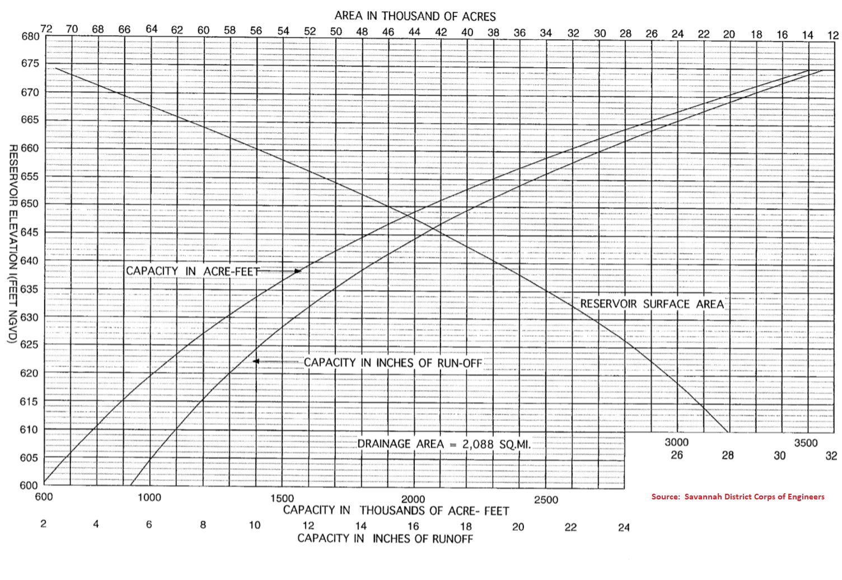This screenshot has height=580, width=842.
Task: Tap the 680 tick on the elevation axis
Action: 31,37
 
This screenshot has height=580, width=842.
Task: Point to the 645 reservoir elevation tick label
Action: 31,232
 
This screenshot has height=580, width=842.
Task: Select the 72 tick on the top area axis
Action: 46,29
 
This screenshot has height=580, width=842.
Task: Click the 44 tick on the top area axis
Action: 414,32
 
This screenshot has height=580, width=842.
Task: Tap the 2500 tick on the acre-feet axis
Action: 546,500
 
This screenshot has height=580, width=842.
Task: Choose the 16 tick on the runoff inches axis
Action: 413,526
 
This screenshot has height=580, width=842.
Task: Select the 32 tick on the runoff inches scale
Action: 831,455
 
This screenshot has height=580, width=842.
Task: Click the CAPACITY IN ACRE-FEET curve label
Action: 193,271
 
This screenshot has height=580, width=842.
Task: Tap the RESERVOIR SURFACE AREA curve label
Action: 652,304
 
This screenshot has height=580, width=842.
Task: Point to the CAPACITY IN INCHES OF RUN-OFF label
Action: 392,363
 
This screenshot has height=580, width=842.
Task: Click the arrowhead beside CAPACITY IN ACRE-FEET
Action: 298,271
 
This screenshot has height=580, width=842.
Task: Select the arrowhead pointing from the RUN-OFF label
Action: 256,362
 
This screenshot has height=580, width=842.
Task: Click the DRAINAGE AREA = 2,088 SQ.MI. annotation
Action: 443,444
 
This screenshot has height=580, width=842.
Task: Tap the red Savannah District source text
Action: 737,497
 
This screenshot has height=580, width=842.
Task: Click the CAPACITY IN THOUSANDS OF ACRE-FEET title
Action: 396,511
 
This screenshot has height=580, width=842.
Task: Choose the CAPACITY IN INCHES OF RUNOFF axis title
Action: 385,539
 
